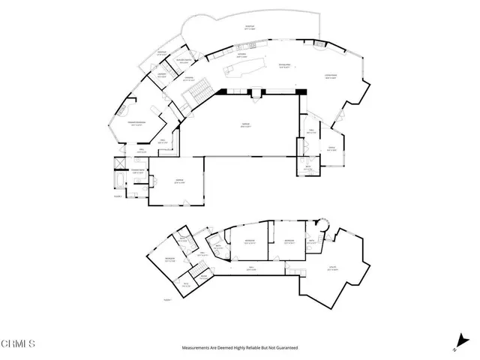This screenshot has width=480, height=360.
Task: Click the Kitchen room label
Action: click(242, 55)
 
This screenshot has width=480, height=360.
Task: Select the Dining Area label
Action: click(284, 67)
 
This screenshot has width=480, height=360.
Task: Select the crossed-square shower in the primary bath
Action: click(121, 164)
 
